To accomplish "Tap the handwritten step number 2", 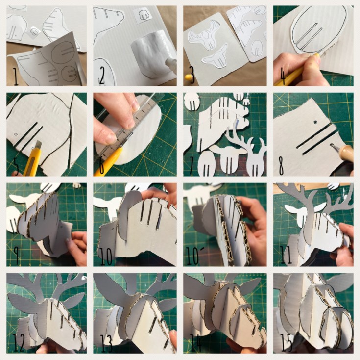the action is point(102,76).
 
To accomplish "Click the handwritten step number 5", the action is point(17,166).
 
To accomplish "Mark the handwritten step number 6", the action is point(102,166).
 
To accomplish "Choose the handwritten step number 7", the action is point(192,166).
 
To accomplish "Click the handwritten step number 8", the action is point(282,166).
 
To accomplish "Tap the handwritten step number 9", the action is point(17,256).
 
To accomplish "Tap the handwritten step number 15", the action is point(287,343).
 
